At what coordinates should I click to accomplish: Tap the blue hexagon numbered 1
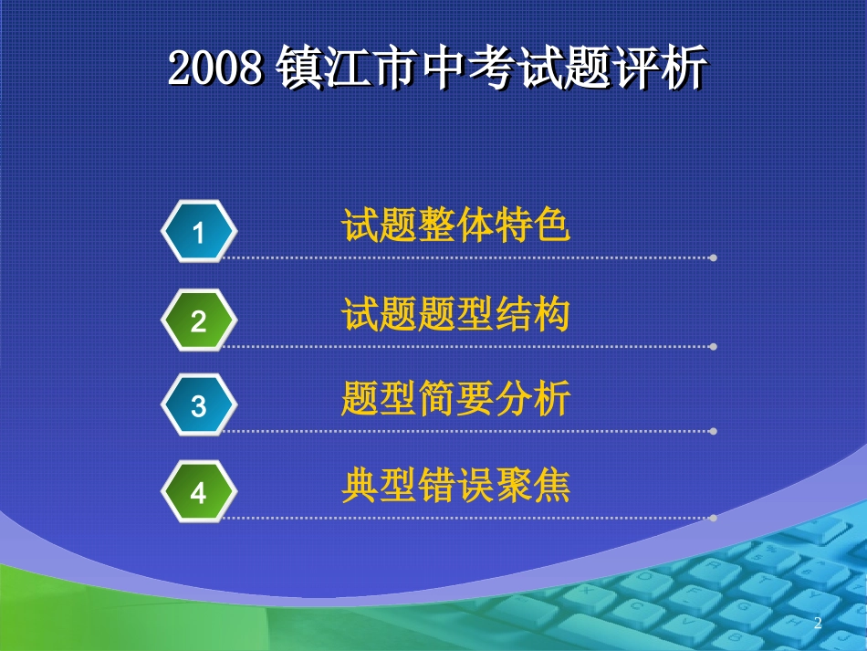[x=199, y=233]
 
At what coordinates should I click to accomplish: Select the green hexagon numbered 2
[x=199, y=320]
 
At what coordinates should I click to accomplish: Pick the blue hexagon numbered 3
[x=199, y=405]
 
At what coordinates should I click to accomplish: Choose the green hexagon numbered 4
[x=199, y=493]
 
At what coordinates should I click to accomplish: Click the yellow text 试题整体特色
[x=456, y=226]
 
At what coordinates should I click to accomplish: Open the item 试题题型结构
[x=456, y=314]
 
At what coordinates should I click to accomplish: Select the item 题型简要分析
[x=456, y=399]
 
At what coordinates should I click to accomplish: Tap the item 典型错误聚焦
[x=456, y=486]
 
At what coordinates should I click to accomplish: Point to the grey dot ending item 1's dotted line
[x=713, y=258]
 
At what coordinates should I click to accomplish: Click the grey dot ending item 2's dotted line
[x=713, y=347]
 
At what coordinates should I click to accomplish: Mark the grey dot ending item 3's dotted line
[x=713, y=431]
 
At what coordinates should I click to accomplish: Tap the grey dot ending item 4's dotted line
[x=713, y=518]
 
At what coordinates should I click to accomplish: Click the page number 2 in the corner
[x=818, y=624]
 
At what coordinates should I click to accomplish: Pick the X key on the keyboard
[x=585, y=590]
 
